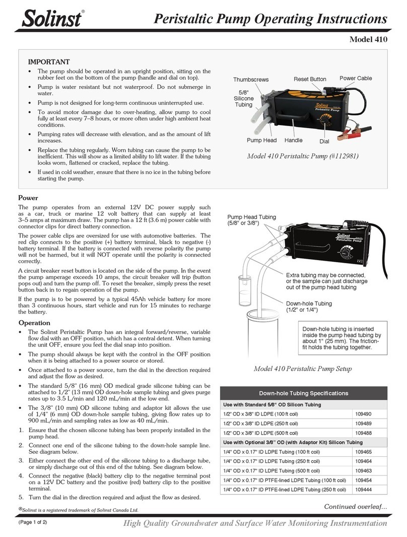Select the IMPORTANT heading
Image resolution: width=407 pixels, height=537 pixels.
[48, 62]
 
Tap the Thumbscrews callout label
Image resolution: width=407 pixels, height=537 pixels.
[251, 80]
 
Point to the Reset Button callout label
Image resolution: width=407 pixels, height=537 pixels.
[310, 79]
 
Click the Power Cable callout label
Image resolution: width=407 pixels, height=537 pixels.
[356, 78]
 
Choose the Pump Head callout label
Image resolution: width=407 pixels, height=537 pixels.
[262, 141]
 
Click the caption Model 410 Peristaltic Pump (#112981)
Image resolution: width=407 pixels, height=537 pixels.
[302, 156]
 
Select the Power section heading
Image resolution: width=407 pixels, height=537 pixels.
[29, 198]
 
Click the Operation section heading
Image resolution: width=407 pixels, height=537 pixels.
[34, 323]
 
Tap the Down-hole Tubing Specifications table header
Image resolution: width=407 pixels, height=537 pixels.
[303, 393]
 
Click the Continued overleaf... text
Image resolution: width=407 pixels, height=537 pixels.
[355, 506]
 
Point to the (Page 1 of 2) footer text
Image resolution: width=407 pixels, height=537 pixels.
[33, 522]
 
